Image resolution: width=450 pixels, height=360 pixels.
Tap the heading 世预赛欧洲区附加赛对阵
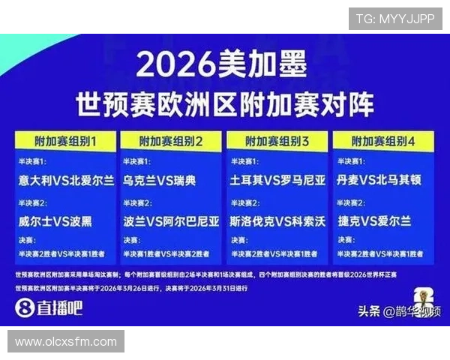[x=224, y=103]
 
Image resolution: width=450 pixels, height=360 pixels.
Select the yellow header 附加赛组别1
[x=65, y=140]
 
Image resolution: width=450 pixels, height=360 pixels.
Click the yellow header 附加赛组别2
[x=171, y=140]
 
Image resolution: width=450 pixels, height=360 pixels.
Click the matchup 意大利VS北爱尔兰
[x=67, y=181]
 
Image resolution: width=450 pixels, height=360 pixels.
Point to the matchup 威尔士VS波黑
[x=57, y=221]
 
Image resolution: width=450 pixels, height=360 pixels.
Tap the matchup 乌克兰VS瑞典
[x=160, y=181]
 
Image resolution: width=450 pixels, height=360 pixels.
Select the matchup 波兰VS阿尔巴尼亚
[x=172, y=221]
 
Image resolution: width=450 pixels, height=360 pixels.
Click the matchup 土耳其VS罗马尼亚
[x=277, y=181]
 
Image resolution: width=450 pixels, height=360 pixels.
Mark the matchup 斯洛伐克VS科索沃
[x=277, y=221]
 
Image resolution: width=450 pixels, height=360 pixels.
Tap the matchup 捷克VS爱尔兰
[x=375, y=221]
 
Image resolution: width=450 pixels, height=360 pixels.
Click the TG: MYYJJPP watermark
[x=394, y=19]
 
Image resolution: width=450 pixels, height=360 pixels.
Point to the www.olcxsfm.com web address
[x=66, y=342]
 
